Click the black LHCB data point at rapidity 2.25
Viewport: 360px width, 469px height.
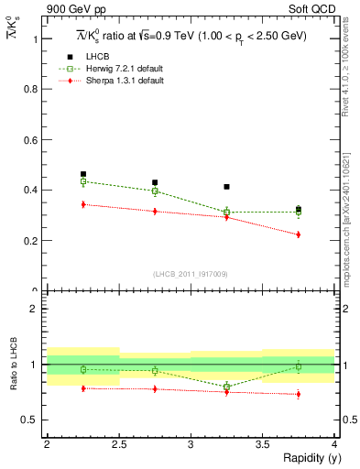click(83, 174)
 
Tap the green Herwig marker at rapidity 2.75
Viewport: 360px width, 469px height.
click(155, 191)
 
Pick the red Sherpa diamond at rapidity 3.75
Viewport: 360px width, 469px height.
click(298, 234)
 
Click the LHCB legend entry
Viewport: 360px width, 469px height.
click(96, 57)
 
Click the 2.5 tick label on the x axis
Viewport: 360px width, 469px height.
click(119, 443)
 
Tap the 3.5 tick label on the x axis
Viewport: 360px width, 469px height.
click(262, 443)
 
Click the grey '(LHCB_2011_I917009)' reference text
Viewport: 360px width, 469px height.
click(191, 274)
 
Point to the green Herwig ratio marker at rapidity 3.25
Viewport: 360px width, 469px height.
click(226, 387)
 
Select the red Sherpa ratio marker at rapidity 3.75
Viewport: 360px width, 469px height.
click(298, 395)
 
